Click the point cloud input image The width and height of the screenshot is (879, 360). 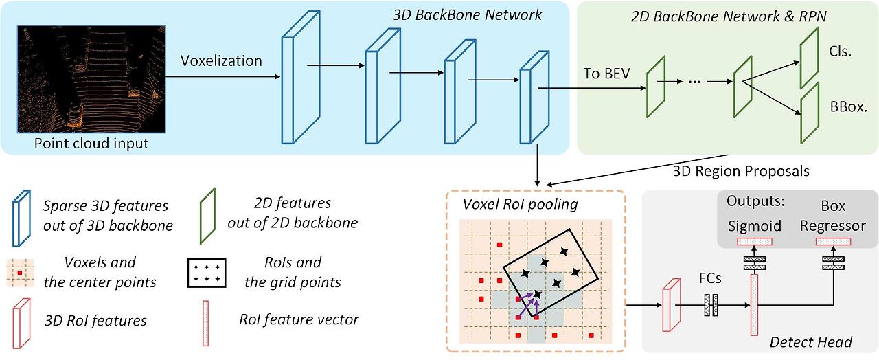pos(91,79)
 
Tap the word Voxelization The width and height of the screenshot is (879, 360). pos(221,61)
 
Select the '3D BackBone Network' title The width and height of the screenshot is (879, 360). pos(467,15)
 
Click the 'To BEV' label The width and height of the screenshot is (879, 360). pos(606,74)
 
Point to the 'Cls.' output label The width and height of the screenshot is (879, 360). pos(840,51)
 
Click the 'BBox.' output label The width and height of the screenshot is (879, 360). pos(848,106)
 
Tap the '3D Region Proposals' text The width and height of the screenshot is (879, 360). pos(741,171)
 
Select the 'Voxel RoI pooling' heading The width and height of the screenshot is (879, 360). pos(520,204)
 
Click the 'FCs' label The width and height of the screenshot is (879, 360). pos(710,278)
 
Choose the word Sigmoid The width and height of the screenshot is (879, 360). pos(755,226)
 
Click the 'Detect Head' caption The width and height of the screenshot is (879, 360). pos(811,342)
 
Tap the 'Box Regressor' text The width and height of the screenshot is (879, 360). pos(833,216)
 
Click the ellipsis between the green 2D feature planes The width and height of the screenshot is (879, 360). pos(694,82)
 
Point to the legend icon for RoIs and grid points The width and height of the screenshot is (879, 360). pos(207,273)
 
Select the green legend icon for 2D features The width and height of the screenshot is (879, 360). pos(208,216)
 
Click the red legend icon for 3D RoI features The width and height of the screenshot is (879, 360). pos(21,324)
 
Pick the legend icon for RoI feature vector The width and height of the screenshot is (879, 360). pos(205,324)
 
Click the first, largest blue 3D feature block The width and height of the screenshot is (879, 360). pos(301,78)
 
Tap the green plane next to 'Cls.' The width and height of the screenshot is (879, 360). pos(809,58)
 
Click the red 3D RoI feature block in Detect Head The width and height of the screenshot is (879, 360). pos(672,305)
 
